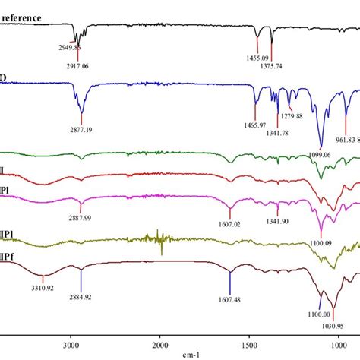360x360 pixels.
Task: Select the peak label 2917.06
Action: (81, 66)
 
